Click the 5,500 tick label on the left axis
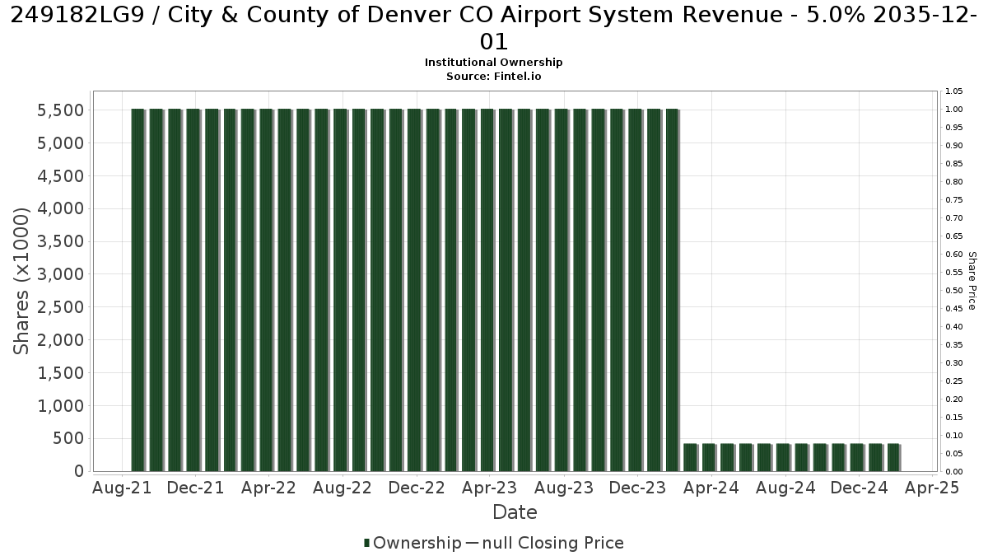click(60, 110)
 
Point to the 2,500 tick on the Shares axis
click(60, 307)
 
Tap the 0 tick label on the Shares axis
click(79, 471)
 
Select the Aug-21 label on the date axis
click(122, 488)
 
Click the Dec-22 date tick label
click(417, 488)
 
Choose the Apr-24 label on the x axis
click(711, 488)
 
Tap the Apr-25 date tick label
click(932, 488)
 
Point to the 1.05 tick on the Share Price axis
click(954, 91)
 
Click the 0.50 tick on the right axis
click(954, 290)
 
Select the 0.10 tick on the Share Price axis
click(954, 436)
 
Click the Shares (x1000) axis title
click(21, 281)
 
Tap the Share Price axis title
click(972, 281)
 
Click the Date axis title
click(515, 512)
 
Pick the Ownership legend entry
click(412, 543)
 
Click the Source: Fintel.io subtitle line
click(493, 77)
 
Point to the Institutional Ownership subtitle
click(493, 63)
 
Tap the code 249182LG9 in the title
click(77, 15)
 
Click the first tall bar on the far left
click(138, 290)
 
